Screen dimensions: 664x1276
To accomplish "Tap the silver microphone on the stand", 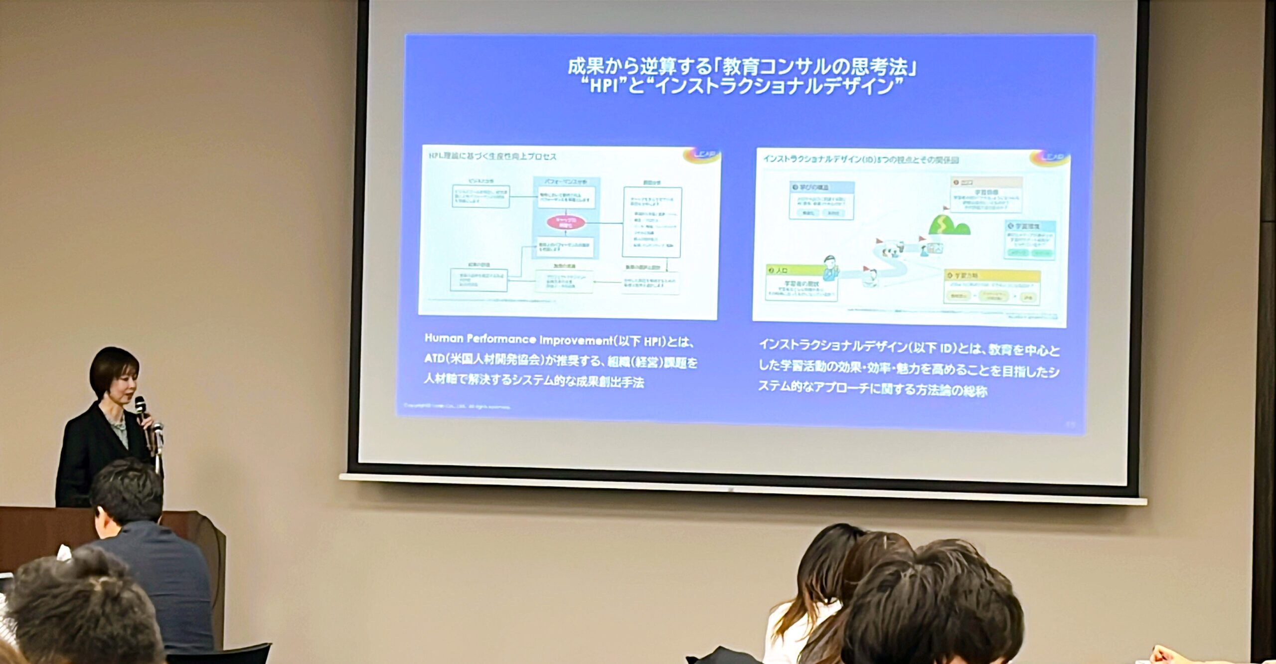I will click(158, 429).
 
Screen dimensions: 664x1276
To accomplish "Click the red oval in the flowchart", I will click(565, 222).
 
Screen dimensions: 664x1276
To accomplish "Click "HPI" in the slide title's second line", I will click(604, 86).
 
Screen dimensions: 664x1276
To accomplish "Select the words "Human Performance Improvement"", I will click(518, 339).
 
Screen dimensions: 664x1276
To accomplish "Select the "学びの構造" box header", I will click(821, 187).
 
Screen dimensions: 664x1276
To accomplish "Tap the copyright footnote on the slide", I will click(456, 407).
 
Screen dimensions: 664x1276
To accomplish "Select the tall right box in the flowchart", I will click(651, 222).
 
